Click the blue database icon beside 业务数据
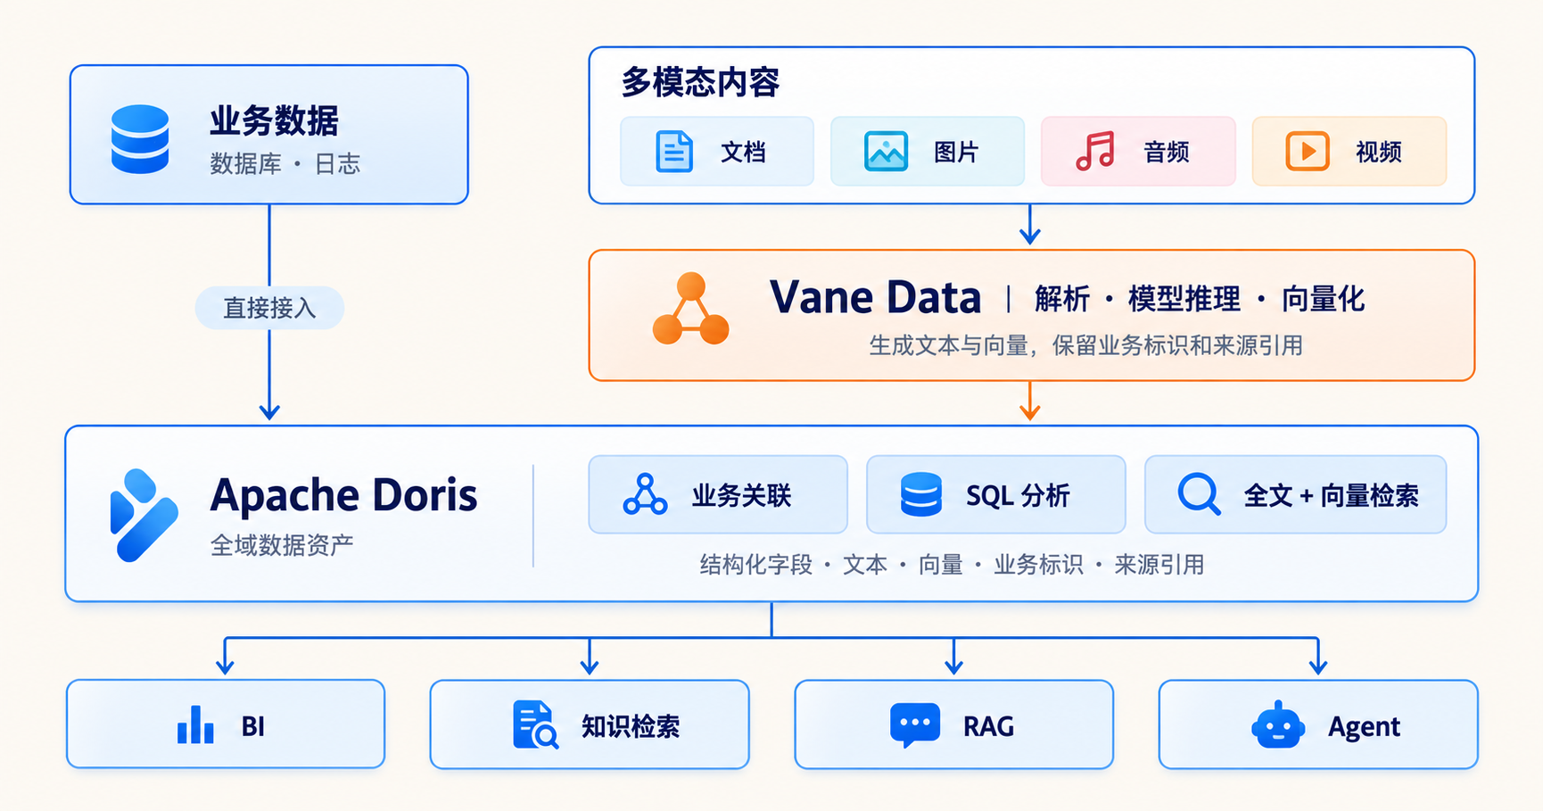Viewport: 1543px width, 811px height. point(140,139)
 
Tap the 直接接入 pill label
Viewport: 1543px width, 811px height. point(269,308)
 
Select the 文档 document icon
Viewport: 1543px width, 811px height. point(674,151)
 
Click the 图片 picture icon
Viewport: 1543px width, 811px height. point(886,151)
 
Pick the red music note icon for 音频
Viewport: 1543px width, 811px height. point(1095,151)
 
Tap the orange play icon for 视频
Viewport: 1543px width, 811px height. point(1308,151)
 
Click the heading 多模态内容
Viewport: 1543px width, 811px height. point(700,83)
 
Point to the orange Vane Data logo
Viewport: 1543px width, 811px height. point(690,310)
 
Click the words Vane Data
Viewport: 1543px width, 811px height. point(875,297)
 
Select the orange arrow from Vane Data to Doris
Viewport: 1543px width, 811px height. point(1030,401)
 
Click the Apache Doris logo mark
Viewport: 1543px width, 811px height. point(143,515)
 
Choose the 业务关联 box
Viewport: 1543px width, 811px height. point(718,494)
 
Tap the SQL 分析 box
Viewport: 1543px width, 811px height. point(995,494)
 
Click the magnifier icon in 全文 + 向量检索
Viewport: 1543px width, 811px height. point(1199,493)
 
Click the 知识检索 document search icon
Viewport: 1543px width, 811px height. point(535,724)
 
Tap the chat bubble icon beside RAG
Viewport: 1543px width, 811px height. point(915,724)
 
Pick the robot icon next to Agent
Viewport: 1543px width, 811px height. point(1278,724)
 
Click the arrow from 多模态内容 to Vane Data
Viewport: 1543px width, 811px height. point(1030,224)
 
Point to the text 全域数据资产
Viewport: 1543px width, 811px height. point(282,545)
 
